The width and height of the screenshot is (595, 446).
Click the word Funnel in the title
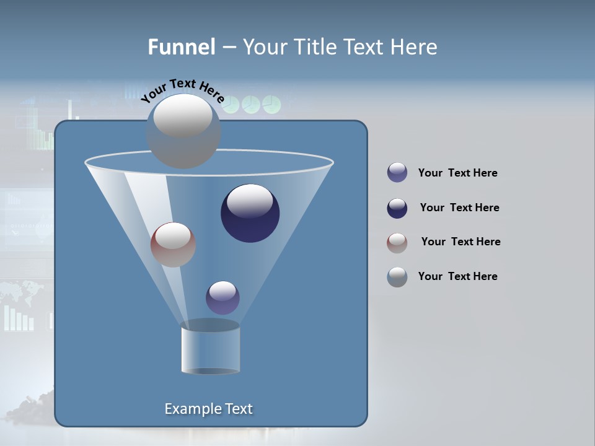(182, 47)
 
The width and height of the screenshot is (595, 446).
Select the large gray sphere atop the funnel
(183, 131)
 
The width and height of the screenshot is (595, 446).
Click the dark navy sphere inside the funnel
(250, 213)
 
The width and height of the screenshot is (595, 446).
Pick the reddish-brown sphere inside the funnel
(173, 245)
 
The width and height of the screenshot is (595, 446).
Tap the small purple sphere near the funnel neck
(223, 297)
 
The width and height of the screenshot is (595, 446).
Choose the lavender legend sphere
(397, 173)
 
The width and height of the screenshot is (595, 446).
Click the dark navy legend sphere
(397, 208)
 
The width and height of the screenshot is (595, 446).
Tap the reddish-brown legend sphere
(397, 243)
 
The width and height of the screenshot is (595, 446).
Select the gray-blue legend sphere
(397, 277)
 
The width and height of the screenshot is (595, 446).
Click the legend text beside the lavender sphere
(457, 173)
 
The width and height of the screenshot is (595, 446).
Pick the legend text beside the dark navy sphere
(459, 208)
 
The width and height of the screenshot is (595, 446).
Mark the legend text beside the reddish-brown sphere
(461, 242)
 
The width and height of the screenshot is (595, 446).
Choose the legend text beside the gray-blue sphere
(457, 276)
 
